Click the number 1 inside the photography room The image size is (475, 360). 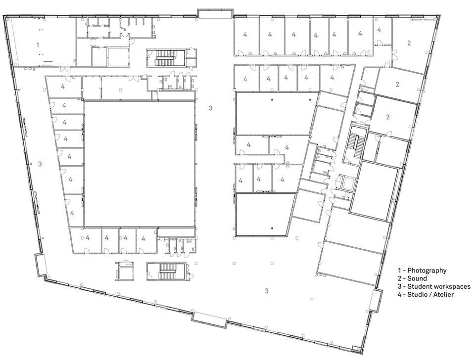[x=38, y=45]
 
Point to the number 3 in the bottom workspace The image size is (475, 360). [x=266, y=291]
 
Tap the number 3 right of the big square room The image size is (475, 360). [x=210, y=108]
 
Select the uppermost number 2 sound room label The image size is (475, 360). [x=409, y=43]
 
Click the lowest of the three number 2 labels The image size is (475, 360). [x=388, y=117]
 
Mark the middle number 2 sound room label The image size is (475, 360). [x=397, y=85]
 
